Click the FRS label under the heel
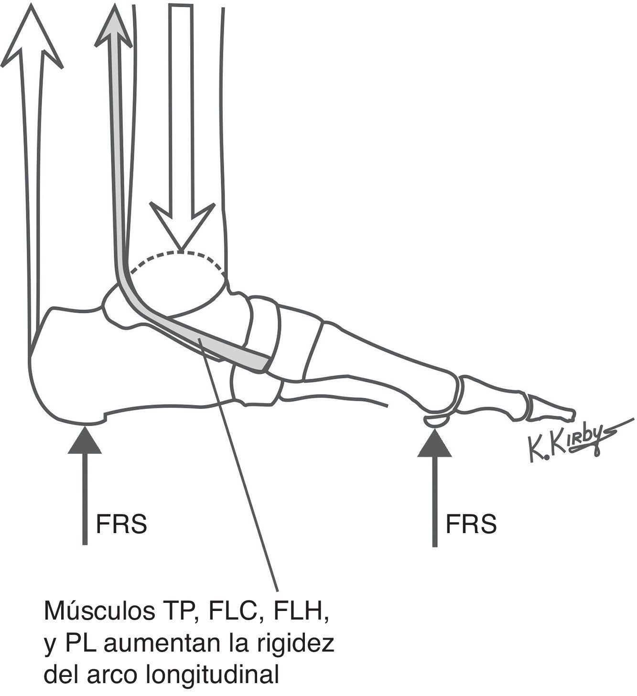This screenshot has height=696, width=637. coord(121,524)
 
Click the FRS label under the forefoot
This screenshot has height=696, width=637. coord(471,524)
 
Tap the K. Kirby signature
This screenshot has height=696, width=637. coord(573,442)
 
